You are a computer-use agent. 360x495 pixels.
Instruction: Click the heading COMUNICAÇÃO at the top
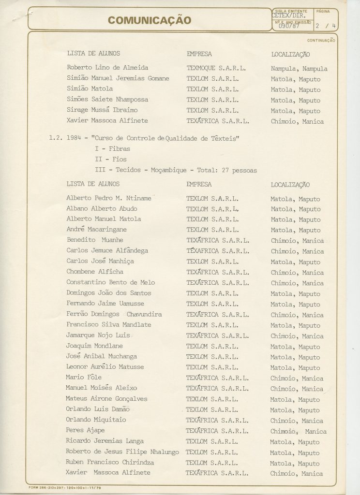(150, 20)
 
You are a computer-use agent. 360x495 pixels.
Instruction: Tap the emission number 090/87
(289, 26)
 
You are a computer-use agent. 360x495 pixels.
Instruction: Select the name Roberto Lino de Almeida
(107, 68)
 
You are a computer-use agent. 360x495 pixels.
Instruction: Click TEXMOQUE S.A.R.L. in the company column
(216, 68)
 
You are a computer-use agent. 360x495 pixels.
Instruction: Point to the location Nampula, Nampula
(299, 69)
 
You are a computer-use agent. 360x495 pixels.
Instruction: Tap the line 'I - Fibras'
(113, 149)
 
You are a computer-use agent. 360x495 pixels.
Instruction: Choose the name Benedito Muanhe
(95, 240)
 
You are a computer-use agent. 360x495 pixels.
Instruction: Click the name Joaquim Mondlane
(94, 346)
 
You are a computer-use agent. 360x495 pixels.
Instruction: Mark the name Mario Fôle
(84, 378)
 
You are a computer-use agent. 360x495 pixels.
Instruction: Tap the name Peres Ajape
(85, 430)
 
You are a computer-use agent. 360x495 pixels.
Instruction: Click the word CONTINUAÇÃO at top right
(321, 41)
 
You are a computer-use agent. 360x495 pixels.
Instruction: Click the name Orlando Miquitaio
(96, 420)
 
